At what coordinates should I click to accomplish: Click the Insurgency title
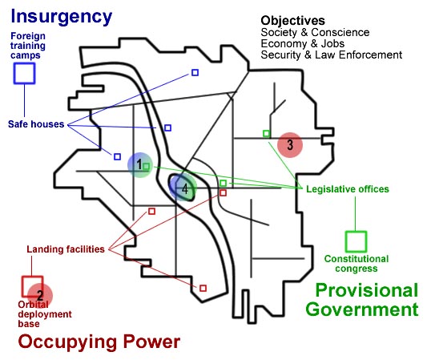[61, 18]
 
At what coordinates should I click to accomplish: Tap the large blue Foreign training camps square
[25, 63]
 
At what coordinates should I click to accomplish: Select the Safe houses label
[36, 124]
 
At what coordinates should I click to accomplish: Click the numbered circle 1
[140, 165]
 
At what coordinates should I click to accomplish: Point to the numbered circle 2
[40, 295]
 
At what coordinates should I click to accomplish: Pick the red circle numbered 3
[290, 145]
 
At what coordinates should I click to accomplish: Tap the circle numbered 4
[183, 188]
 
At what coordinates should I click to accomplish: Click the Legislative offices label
[348, 189]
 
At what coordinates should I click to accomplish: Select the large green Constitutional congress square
[356, 232]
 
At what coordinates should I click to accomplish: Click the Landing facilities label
[66, 249]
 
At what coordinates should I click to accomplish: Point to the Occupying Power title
[99, 342]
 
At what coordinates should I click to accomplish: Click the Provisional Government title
[362, 300]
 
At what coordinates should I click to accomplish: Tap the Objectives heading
[292, 21]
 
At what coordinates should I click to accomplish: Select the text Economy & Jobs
[303, 43]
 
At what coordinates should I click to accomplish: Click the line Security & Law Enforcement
[332, 55]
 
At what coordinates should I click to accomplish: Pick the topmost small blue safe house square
[195, 72]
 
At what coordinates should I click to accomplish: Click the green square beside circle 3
[266, 134]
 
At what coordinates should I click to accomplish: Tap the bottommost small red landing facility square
[203, 288]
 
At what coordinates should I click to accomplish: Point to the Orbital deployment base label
[45, 314]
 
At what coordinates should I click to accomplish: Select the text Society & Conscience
[315, 32]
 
